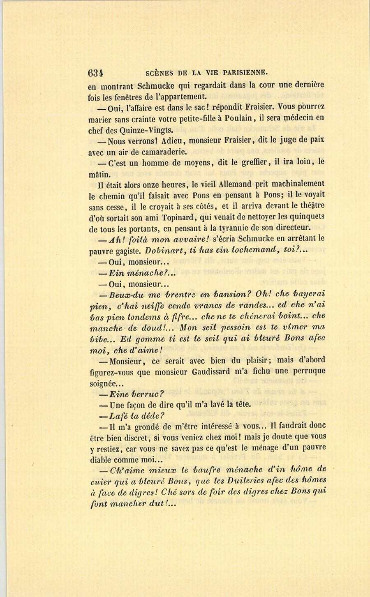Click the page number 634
95,73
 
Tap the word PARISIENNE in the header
245,73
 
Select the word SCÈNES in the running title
160,74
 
